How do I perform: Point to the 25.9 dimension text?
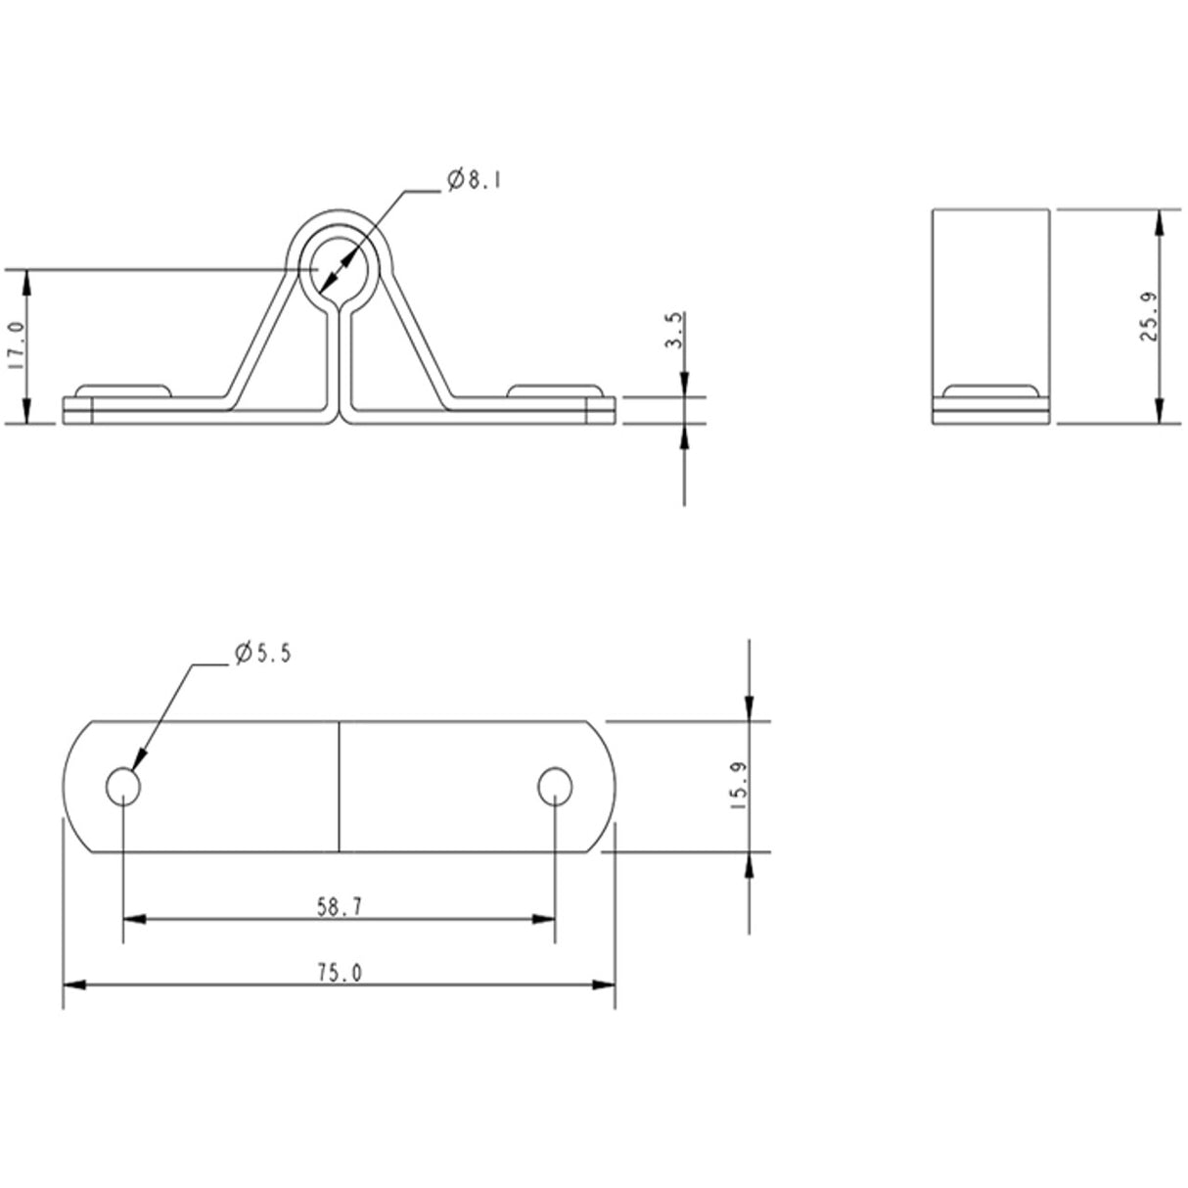point(1150,317)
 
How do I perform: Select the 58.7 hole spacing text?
point(339,907)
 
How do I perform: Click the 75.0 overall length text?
point(339,973)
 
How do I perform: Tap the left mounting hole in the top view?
point(122,786)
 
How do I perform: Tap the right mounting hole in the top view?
point(555,786)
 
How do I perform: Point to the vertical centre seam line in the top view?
point(339,788)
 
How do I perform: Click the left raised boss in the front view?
point(124,390)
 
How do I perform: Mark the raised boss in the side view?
point(991,390)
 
